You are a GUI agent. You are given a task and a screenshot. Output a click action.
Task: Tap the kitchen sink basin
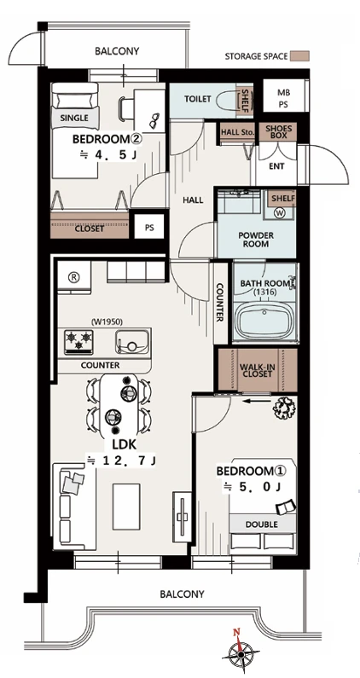(132, 341)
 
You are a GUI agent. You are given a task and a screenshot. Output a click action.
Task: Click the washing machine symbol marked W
(279, 212)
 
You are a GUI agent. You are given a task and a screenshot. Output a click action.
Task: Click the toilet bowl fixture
(226, 100)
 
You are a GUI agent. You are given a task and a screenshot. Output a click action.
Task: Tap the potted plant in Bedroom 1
(284, 407)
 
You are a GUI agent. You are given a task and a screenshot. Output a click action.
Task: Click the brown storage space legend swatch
(299, 56)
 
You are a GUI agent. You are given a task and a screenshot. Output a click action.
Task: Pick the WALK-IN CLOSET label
(258, 371)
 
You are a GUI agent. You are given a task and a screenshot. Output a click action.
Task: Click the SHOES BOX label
(279, 132)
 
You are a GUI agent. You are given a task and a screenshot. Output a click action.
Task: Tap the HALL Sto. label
(236, 132)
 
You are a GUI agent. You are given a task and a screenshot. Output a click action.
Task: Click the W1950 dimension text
(107, 322)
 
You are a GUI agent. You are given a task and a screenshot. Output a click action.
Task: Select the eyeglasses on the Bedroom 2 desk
(154, 121)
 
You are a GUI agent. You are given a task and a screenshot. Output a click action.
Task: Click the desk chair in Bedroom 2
(126, 108)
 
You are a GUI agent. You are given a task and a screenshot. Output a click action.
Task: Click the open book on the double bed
(286, 507)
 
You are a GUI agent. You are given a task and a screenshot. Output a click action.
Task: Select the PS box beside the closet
(149, 226)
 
